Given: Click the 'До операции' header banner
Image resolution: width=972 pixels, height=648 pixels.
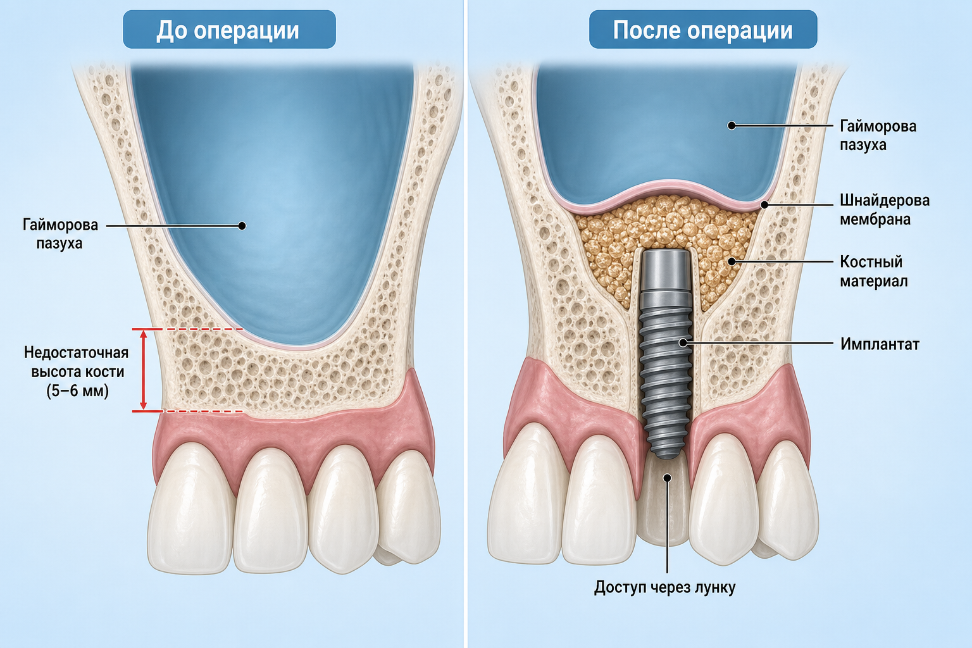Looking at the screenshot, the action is [229, 30].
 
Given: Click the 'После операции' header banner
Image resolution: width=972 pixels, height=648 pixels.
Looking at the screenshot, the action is [703, 30].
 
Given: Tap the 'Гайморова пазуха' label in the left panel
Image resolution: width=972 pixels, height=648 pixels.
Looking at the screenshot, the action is [60, 234].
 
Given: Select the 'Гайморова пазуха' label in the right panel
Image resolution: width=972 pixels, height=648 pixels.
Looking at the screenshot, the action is [878, 135].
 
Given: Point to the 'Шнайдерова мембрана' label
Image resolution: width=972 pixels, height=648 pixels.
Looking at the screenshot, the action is [884, 209].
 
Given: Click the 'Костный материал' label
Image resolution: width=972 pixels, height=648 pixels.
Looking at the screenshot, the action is [873, 271].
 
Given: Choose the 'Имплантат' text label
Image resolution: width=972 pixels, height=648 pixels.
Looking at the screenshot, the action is [880, 344].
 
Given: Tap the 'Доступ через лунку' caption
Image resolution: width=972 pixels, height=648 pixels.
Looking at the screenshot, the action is [664, 587].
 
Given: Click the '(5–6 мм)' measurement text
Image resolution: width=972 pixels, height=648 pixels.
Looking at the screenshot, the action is [77, 391].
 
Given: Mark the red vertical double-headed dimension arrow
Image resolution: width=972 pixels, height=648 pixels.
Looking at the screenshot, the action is [143, 370].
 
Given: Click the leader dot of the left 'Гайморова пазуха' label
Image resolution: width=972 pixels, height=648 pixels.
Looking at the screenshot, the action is [242, 226].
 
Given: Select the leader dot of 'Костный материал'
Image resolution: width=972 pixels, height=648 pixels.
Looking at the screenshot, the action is [732, 261].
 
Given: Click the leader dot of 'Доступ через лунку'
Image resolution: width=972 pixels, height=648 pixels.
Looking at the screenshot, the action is [668, 478].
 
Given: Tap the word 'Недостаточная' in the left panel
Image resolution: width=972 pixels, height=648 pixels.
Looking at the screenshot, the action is [77, 353].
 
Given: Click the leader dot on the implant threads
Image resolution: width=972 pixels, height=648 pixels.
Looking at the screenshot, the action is [683, 342].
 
